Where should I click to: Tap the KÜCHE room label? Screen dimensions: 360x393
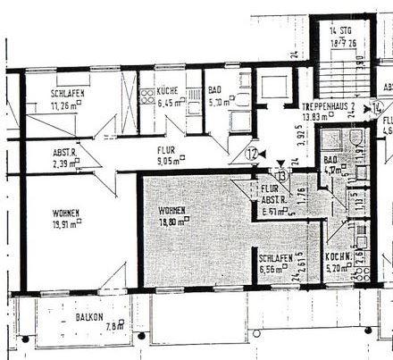(168, 91)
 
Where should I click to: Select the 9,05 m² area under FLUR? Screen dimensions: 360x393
(167, 163)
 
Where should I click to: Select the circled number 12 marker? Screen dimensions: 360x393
(253, 154)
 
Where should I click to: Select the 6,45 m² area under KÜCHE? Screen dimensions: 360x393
(169, 102)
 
